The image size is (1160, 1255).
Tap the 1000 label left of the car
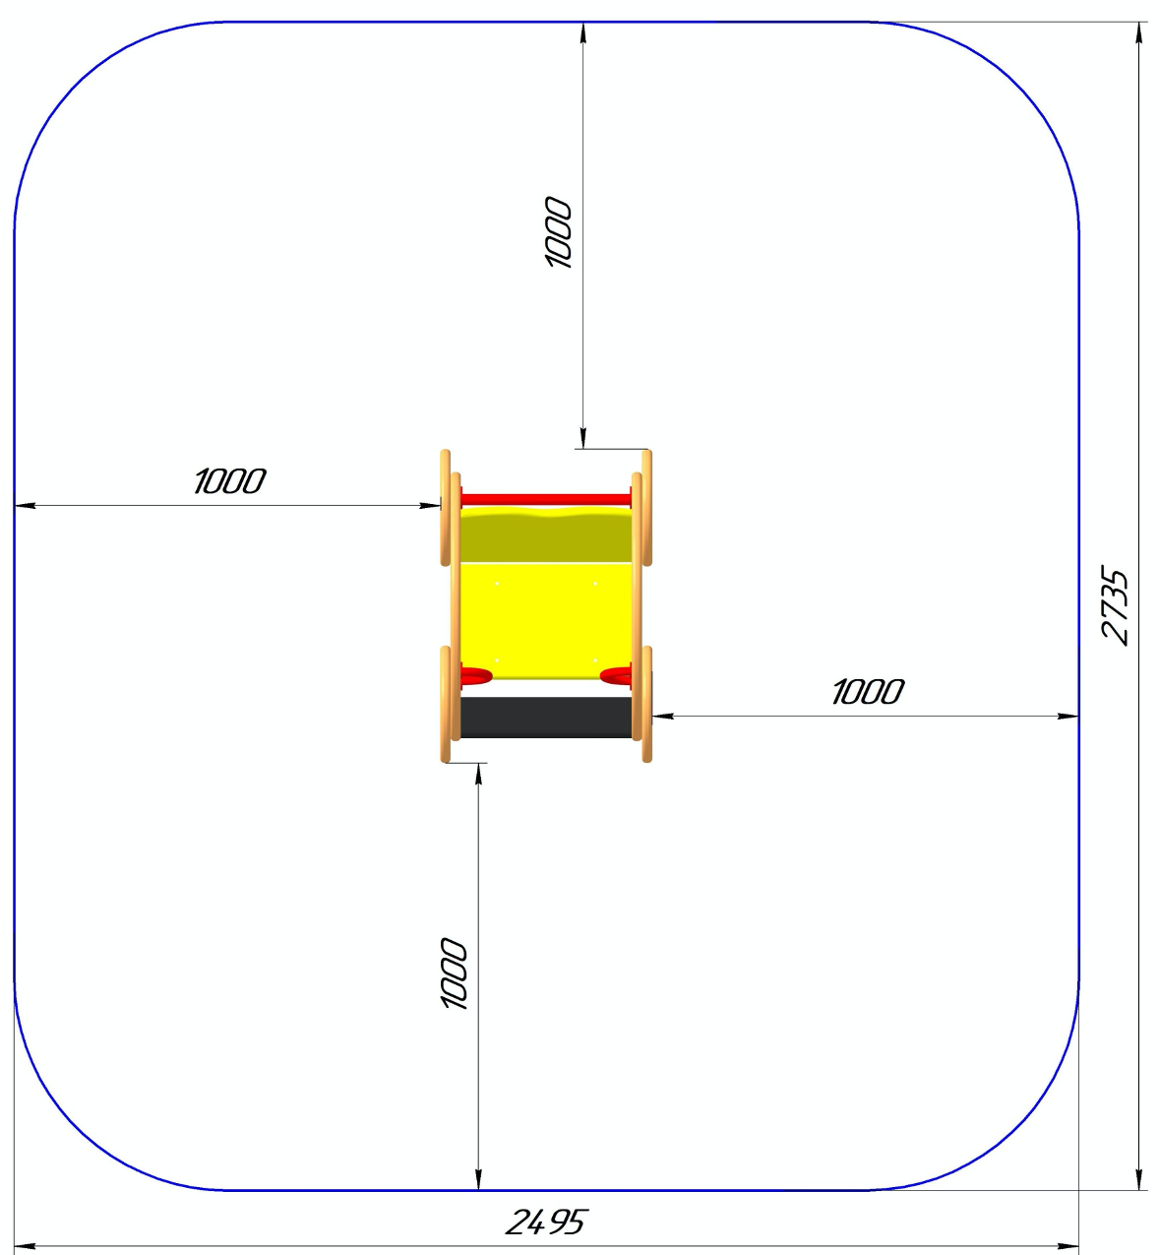(228, 481)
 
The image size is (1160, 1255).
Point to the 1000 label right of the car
(867, 692)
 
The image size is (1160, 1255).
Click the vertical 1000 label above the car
(558, 232)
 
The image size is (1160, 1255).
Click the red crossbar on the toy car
(546, 499)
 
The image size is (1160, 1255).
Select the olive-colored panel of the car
(546, 535)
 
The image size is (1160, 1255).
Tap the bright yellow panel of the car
(546, 620)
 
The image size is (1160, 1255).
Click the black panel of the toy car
(546, 717)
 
